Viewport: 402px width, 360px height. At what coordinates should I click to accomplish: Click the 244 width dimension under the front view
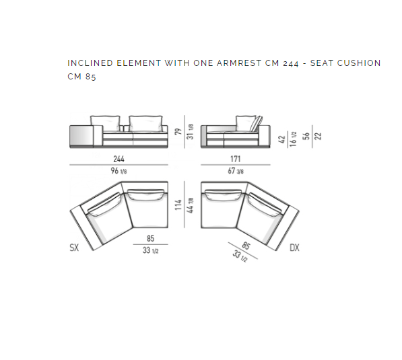click(119, 159)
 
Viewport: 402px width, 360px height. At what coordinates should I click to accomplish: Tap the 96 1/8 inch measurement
click(119, 171)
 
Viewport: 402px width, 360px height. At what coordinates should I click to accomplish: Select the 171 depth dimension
click(236, 159)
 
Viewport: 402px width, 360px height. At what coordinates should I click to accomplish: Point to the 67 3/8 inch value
click(236, 171)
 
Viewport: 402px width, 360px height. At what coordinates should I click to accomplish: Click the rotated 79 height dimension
click(178, 131)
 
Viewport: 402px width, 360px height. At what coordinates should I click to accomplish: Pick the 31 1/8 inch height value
click(190, 132)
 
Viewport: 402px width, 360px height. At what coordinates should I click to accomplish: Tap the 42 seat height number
click(281, 139)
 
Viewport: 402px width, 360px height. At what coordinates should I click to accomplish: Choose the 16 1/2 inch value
click(293, 139)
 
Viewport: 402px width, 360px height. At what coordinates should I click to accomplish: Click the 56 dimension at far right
click(306, 136)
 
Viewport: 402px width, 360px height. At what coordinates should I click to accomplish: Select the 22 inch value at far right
click(318, 136)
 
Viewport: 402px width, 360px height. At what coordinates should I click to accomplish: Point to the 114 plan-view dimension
click(178, 205)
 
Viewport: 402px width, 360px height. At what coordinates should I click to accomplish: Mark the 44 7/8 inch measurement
click(190, 205)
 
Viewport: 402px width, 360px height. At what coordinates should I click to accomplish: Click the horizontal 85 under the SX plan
click(150, 239)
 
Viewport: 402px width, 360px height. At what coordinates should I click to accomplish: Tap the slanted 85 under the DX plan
click(246, 246)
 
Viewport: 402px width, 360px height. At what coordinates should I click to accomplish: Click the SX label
click(74, 248)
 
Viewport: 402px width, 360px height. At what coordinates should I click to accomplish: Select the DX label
click(294, 248)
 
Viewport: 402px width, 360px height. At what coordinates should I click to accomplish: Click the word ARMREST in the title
click(239, 63)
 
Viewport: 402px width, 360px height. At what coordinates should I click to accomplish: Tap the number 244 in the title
click(291, 63)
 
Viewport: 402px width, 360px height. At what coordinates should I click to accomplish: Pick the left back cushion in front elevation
click(105, 124)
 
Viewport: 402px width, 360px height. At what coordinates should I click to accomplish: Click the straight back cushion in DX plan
click(223, 194)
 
